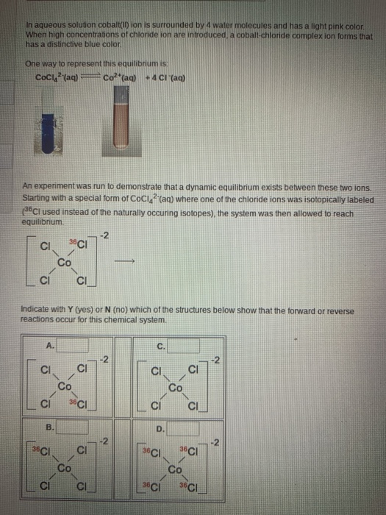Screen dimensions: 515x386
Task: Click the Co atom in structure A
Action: click(65, 386)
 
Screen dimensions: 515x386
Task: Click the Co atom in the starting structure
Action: click(65, 260)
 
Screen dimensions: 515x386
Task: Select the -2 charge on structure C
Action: click(215, 359)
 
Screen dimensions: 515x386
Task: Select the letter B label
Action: click(49, 426)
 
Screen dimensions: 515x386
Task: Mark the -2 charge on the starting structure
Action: click(106, 235)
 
